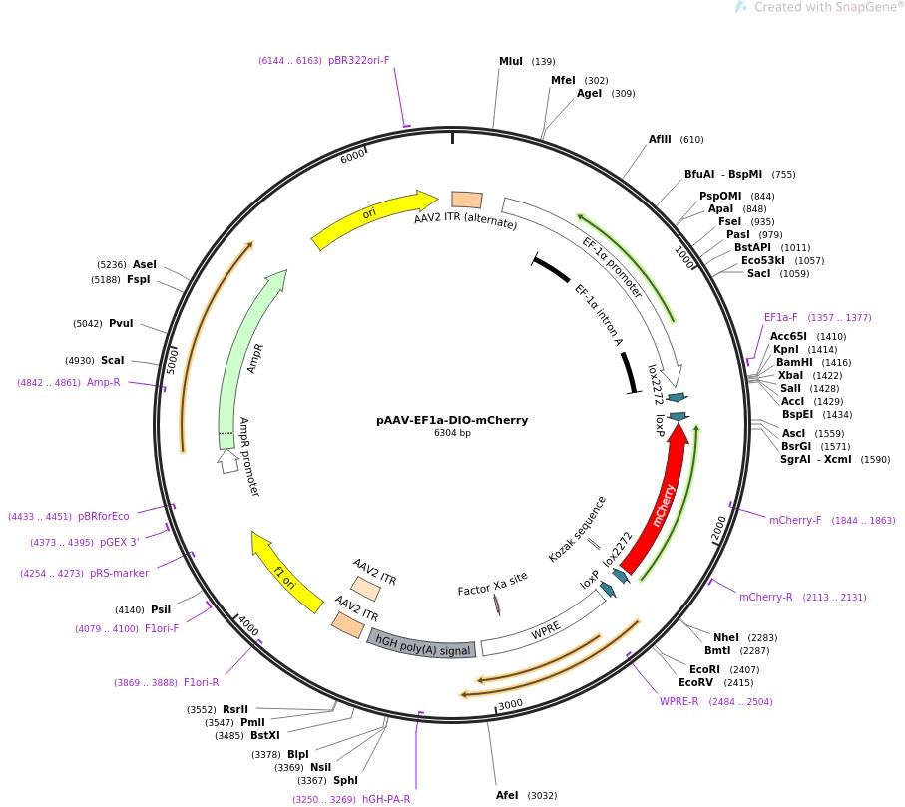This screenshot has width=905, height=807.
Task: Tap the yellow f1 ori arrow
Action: [x=285, y=571]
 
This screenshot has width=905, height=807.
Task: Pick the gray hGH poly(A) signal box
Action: [x=422, y=645]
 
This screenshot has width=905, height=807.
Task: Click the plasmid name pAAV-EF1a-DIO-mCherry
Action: [x=452, y=420]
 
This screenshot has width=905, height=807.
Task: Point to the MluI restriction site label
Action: [x=511, y=61]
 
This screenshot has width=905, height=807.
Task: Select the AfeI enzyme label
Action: [x=507, y=795]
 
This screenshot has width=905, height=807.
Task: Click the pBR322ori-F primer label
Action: [x=358, y=60]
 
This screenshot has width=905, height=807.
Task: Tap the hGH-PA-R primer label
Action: [x=386, y=799]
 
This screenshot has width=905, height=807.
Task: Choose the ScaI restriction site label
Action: [x=113, y=360]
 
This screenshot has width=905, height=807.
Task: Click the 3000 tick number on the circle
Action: [x=510, y=705]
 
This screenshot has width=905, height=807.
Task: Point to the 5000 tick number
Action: [x=172, y=361]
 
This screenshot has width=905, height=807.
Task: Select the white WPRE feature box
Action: [x=544, y=624]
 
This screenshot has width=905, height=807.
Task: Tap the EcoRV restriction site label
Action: [x=696, y=682]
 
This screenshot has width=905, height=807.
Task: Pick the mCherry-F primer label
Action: [x=795, y=520]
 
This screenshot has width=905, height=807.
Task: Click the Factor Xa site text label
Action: [x=492, y=584]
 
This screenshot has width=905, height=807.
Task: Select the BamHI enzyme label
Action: [x=794, y=362]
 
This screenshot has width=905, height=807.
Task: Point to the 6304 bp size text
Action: [x=452, y=433]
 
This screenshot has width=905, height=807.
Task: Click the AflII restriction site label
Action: [x=660, y=139]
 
